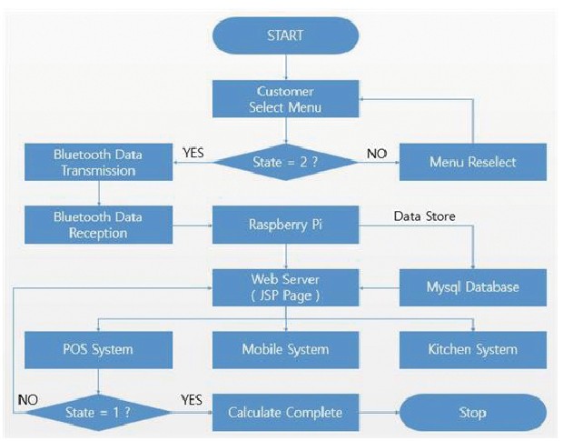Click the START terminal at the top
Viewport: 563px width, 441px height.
tap(285, 35)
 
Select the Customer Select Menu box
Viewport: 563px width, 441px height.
tap(285, 99)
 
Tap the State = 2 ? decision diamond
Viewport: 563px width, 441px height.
tap(285, 162)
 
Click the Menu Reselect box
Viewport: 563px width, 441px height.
tap(473, 162)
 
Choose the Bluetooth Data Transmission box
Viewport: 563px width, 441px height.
tap(98, 162)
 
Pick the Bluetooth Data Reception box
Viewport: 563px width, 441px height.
tap(98, 225)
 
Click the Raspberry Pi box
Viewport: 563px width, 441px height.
tap(285, 225)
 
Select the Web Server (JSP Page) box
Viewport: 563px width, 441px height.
tap(285, 287)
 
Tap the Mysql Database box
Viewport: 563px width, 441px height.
tap(473, 287)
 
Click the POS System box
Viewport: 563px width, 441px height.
tap(98, 350)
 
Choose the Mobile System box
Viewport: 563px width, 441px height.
tap(285, 350)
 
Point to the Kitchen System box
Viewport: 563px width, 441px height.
tap(473, 350)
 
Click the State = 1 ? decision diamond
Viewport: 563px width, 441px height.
tap(98, 412)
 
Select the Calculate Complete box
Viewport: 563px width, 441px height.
tap(285, 412)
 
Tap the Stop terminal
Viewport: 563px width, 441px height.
tap(473, 412)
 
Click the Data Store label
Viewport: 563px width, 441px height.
tap(425, 216)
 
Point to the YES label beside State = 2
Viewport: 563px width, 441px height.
tap(193, 153)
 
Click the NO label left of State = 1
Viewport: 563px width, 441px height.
tap(28, 400)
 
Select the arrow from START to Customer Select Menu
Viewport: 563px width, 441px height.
tap(286, 67)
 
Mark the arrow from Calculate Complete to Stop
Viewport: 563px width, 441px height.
tap(380, 413)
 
